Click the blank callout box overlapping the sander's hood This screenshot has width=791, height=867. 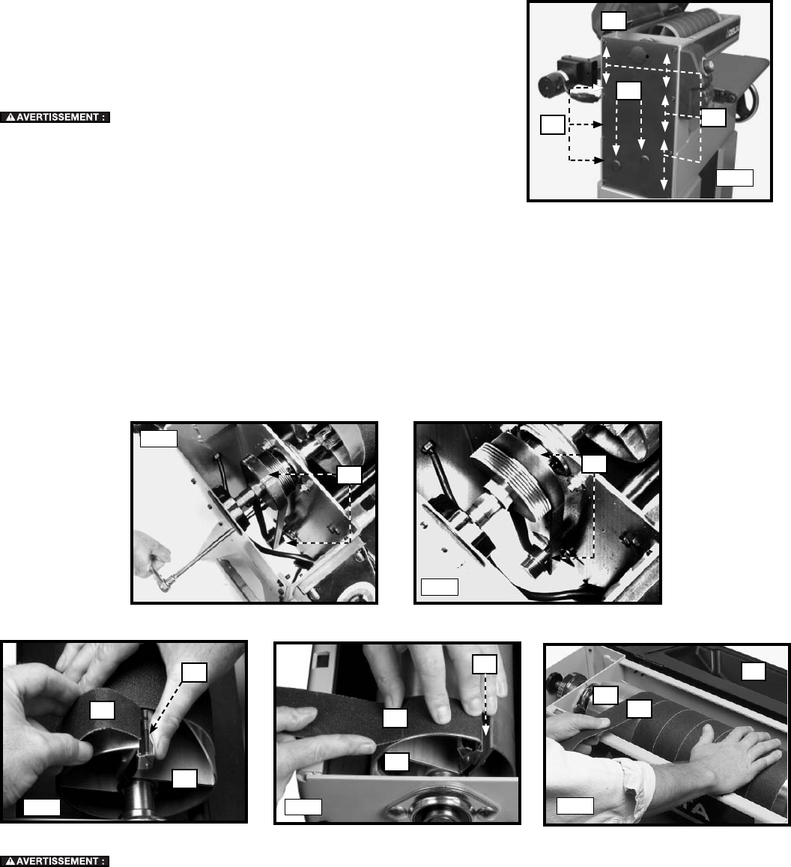(x=613, y=20)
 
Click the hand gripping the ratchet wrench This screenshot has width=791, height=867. (x=150, y=553)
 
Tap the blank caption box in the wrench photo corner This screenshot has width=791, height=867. (x=159, y=438)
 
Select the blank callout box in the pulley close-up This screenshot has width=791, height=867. (x=594, y=464)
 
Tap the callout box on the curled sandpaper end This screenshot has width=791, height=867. (x=103, y=710)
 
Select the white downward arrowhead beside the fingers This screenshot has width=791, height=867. (x=485, y=731)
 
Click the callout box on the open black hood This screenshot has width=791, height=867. (x=753, y=671)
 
